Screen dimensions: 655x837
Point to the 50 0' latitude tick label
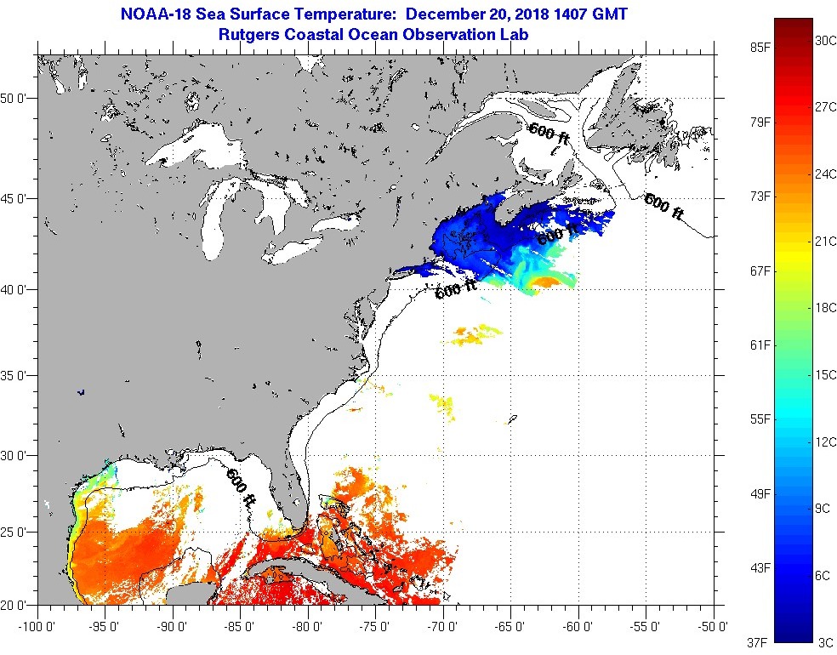(x=16, y=98)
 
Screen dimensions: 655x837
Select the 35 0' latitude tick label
(x=16, y=375)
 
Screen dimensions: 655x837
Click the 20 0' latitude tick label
(x=16, y=606)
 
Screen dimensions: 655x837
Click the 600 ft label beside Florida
(x=242, y=488)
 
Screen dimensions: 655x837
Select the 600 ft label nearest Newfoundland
(x=664, y=207)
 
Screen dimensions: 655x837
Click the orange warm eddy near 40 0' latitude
(x=549, y=282)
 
